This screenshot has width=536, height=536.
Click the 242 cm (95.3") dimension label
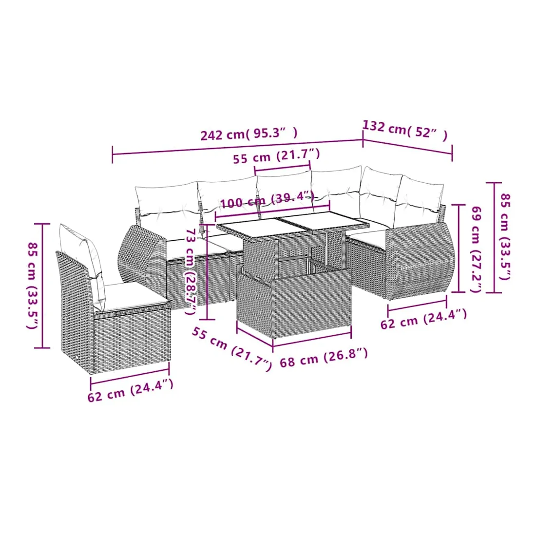coord(249,134)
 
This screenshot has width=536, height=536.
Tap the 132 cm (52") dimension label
coord(405,130)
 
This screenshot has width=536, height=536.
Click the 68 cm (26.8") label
coord(324,357)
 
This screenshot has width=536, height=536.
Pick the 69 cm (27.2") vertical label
coord(477,249)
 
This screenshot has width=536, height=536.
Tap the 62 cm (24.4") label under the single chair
coord(130,391)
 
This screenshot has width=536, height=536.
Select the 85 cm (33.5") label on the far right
coord(506,236)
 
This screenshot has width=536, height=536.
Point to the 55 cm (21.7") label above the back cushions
coord(276,156)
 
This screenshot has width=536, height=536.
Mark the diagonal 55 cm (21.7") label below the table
coord(232,349)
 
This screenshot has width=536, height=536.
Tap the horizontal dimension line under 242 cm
coord(237,147)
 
